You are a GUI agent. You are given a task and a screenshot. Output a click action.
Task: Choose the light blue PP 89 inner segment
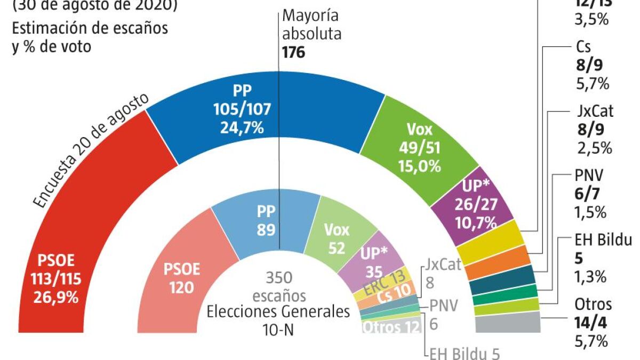(x=267, y=219)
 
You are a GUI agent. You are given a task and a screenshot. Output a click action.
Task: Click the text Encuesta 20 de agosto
(x=91, y=152)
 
